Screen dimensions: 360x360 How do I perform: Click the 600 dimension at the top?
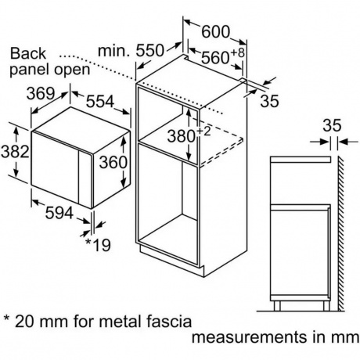point(216,31)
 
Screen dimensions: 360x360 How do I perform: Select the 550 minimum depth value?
point(150,50)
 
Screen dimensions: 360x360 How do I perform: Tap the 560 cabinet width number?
point(215,58)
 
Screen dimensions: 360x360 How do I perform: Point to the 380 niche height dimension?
point(181,135)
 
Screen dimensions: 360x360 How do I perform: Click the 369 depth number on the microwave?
point(41,93)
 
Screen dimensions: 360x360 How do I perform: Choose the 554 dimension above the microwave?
point(100,102)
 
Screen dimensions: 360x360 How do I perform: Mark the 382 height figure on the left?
point(15,151)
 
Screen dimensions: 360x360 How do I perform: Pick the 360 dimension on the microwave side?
point(113,162)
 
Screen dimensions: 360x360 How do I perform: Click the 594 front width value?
point(59,213)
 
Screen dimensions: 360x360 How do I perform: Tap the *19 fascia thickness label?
point(98,245)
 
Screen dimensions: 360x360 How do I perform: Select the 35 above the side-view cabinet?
point(332,125)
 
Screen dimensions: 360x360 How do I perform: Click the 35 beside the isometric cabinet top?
point(270,101)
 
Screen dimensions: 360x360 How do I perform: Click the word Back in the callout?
point(28,53)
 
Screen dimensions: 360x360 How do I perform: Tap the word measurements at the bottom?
point(249,337)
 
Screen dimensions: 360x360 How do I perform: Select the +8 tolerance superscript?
point(238,52)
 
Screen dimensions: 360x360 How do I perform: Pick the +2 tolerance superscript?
point(203,131)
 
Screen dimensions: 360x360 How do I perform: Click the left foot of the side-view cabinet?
point(277,306)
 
